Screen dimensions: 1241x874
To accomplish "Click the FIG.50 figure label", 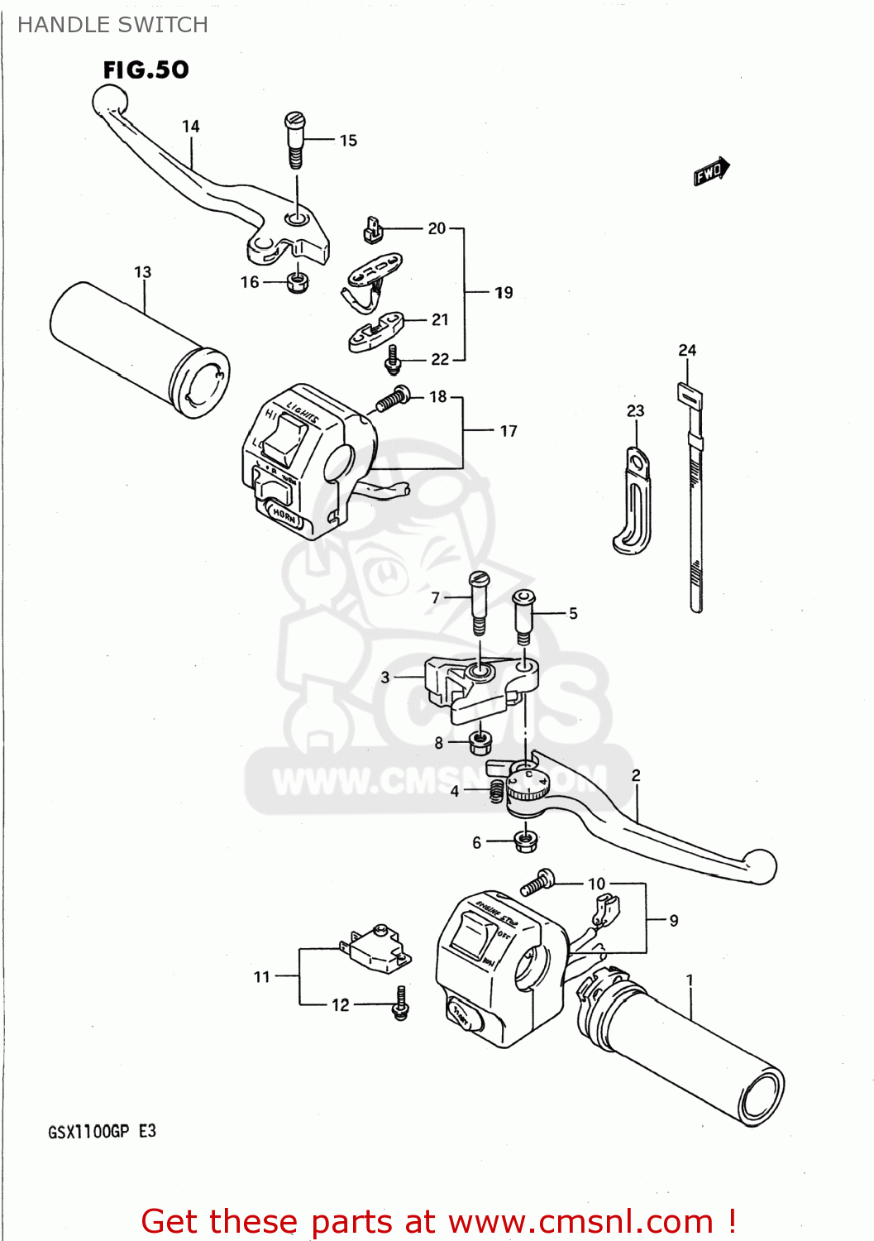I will (146, 70).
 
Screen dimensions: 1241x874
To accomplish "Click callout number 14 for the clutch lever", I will (191, 127).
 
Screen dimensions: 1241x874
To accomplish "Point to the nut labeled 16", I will (298, 283).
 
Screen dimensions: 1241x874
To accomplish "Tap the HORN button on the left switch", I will (284, 515).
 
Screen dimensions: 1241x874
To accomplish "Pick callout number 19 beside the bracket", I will (504, 293).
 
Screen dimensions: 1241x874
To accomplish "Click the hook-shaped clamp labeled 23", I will (633, 501).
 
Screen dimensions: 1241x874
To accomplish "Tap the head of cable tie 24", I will (689, 395).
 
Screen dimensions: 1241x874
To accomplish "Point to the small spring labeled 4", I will (496, 791).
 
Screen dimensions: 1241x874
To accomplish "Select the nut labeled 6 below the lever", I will (524, 841).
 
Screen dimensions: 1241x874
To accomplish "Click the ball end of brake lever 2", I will (760, 865).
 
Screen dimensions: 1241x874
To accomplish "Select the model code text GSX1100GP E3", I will (102, 1131).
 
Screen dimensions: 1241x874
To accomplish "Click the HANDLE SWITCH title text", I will (112, 25).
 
